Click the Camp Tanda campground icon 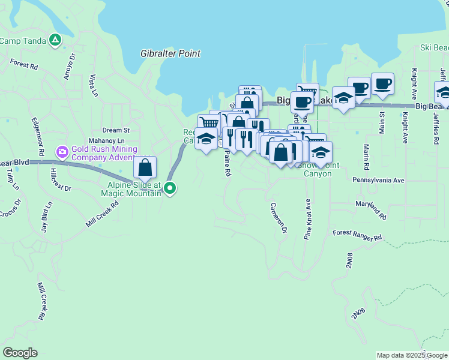click(55, 40)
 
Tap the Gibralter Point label click(170, 53)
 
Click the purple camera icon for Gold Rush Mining click(62, 153)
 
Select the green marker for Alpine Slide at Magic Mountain click(170, 188)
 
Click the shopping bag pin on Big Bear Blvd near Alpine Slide click(145, 168)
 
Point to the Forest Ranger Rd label click(358, 235)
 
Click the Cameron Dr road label click(279, 217)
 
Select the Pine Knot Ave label click(307, 220)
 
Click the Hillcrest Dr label click(61, 179)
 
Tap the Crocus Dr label click(10, 211)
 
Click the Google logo click(20, 353)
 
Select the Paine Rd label click(227, 163)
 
